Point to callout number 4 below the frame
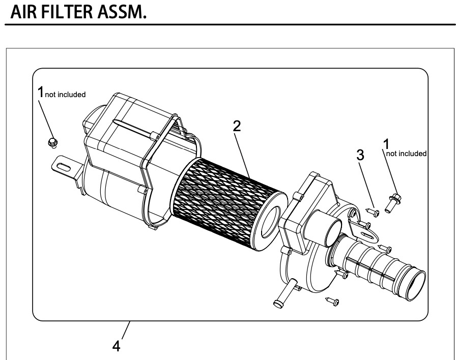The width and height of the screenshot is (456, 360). [117, 347]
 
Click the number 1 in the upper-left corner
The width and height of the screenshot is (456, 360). [41, 93]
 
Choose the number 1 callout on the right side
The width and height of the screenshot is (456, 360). [386, 145]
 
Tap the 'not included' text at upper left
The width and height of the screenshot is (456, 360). [65, 95]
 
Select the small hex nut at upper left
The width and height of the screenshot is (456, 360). [51, 142]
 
